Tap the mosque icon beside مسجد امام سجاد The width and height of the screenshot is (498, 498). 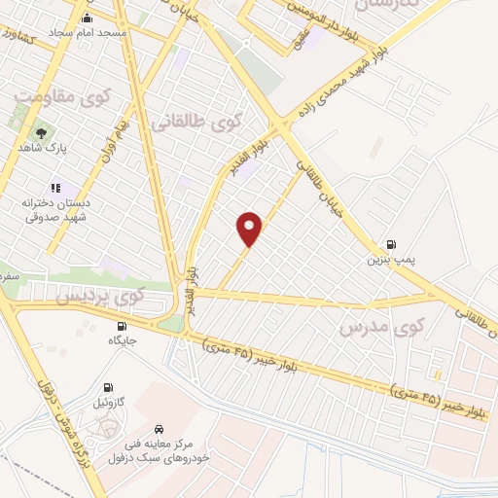pyautogui.click(x=89, y=18)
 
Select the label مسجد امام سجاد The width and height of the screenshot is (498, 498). pyautogui.click(x=90, y=33)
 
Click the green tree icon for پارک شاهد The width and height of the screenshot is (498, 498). pyautogui.click(x=41, y=133)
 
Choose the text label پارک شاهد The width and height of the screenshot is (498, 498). pyautogui.click(x=41, y=148)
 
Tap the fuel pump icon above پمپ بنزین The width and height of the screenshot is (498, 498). pyautogui.click(x=391, y=244)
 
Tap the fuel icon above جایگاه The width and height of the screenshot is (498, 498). pyautogui.click(x=122, y=326)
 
